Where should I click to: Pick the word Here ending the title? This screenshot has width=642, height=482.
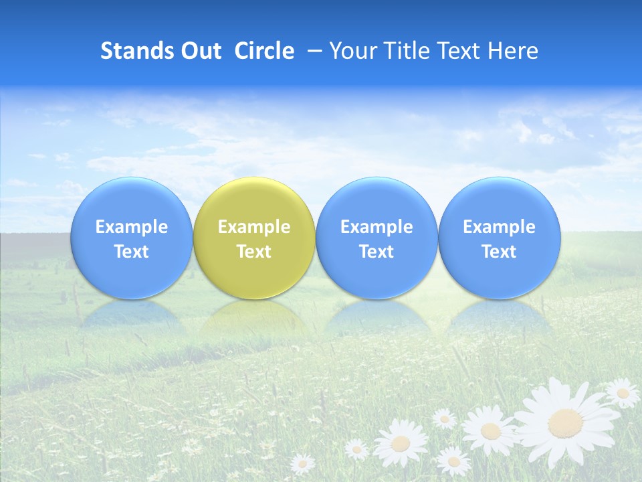(x=514, y=51)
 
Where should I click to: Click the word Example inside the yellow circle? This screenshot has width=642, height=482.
(x=254, y=227)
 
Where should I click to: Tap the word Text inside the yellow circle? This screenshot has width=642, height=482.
(x=254, y=252)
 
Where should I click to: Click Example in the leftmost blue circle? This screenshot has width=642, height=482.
(x=131, y=227)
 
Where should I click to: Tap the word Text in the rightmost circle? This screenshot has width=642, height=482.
(x=499, y=252)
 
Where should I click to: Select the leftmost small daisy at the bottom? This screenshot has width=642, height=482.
(x=302, y=463)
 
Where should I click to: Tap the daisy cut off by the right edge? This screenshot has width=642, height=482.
(x=623, y=393)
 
